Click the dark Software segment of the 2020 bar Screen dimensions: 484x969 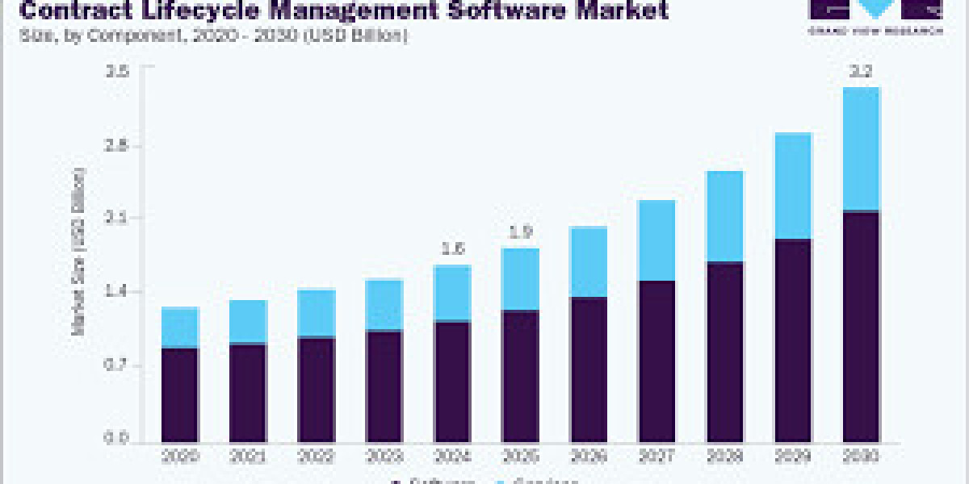point(179,395)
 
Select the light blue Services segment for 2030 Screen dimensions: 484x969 point(861,148)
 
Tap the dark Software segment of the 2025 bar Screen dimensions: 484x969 point(520,376)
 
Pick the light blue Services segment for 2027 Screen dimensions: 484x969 point(656,240)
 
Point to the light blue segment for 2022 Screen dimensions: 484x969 point(316,312)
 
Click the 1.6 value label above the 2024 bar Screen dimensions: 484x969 point(453,249)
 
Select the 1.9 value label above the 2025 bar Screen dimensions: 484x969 point(521,232)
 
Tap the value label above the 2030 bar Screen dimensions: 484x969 point(862,72)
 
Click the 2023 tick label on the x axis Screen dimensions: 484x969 point(384,455)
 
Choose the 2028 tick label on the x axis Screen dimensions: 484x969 point(724,455)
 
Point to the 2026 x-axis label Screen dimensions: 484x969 point(589,455)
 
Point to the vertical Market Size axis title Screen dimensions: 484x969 point(79,252)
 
